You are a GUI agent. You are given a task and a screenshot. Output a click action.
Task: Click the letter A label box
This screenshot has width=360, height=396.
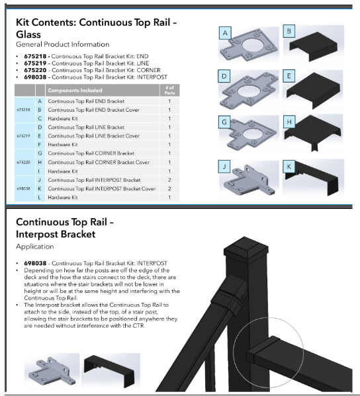(x=226, y=32)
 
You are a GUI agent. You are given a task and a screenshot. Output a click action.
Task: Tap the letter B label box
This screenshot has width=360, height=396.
(x=288, y=31)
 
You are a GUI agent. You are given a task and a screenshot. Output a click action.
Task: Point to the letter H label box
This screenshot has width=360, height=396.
(x=288, y=122)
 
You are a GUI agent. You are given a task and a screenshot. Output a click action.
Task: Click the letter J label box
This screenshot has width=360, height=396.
(x=226, y=166)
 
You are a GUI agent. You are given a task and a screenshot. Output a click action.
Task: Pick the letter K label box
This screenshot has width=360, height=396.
(x=288, y=166)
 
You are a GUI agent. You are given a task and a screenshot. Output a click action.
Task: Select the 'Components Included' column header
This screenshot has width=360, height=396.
(x=79, y=89)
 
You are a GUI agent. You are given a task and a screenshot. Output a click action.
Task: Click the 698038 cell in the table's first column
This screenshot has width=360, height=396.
(x=22, y=188)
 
